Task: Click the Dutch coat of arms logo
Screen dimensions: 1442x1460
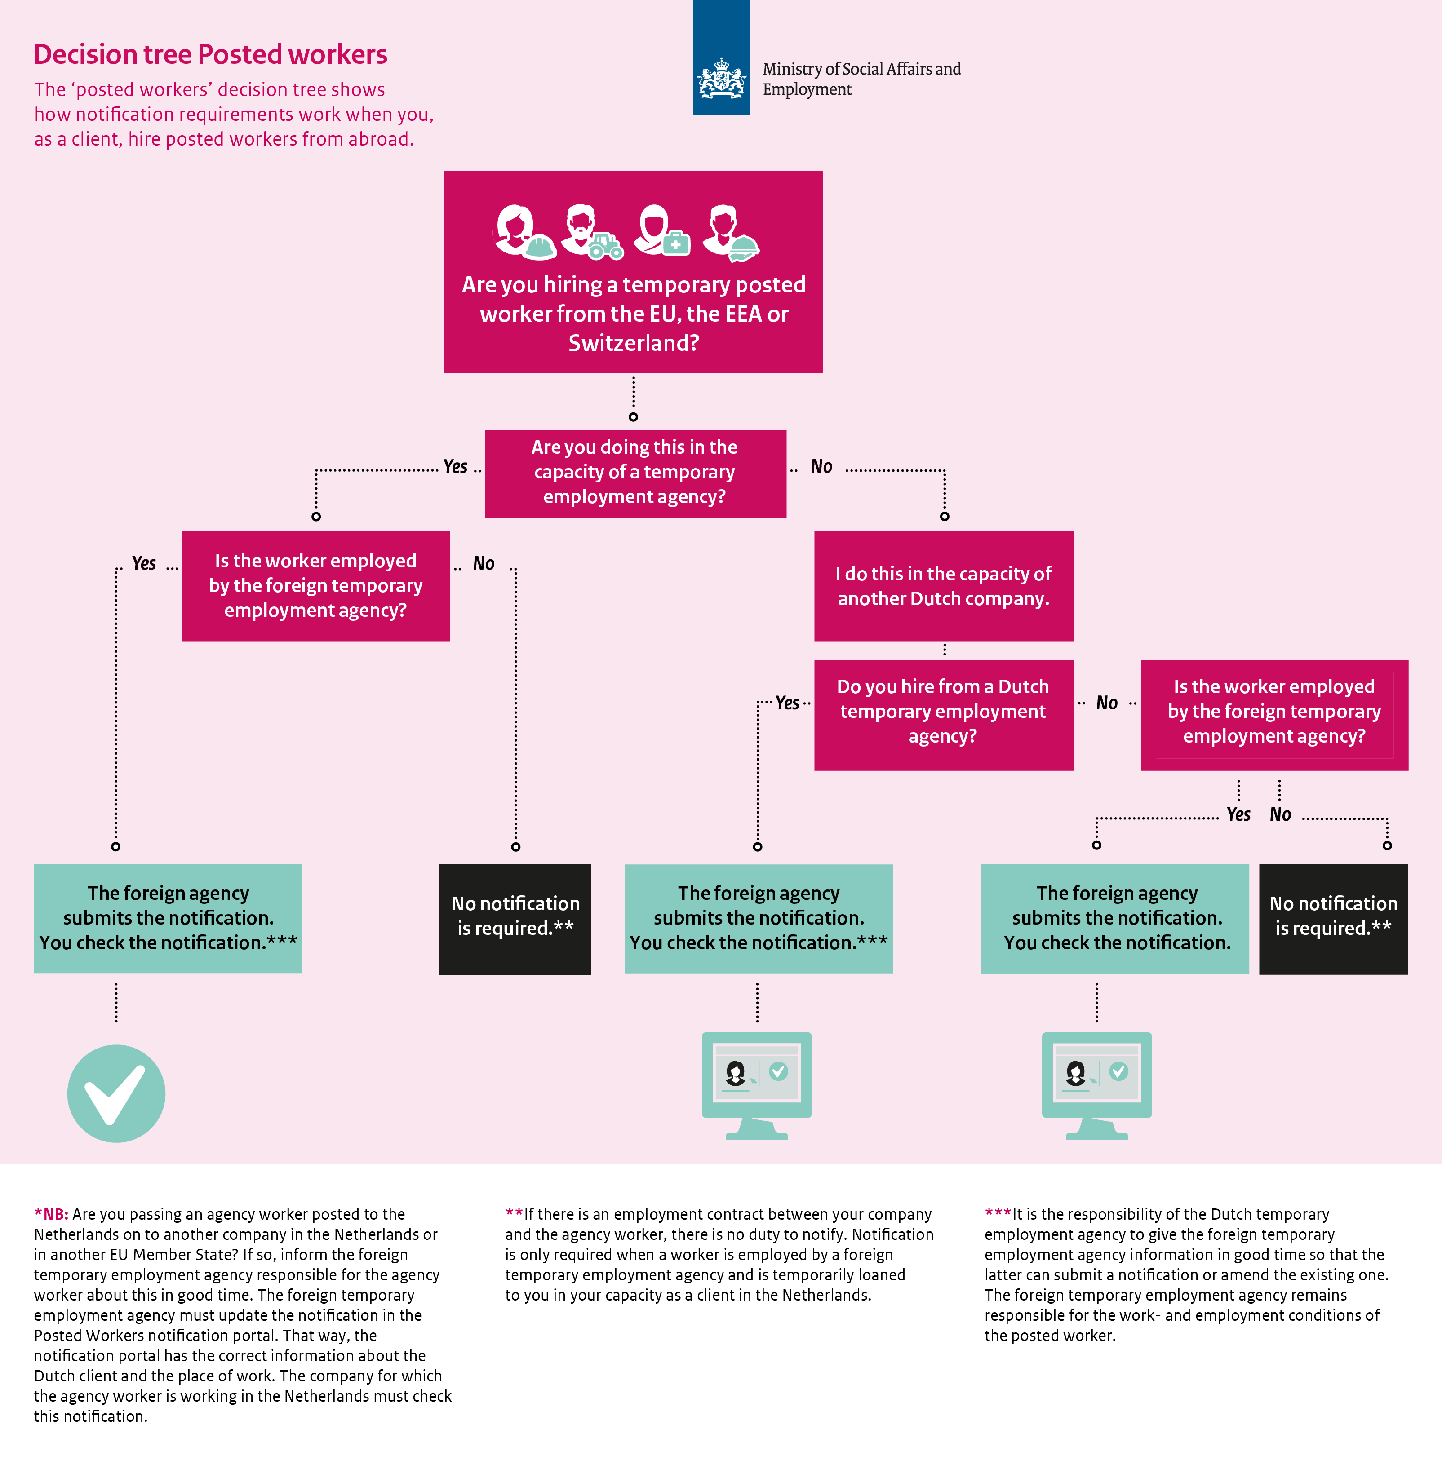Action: pyautogui.click(x=721, y=79)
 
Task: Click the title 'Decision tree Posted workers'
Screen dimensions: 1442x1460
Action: pyautogui.click(x=210, y=54)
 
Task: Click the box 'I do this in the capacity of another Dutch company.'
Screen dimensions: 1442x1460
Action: pyautogui.click(x=944, y=586)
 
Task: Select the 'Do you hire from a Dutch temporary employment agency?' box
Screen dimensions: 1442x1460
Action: pyautogui.click(x=944, y=715)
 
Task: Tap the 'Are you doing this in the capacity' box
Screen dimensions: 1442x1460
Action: pyautogui.click(x=635, y=474)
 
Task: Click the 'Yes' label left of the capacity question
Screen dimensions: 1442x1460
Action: pyautogui.click(x=455, y=466)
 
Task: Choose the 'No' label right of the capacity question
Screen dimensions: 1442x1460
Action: pyautogui.click(x=821, y=466)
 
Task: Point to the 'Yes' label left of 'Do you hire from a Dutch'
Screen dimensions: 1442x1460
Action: pyautogui.click(x=788, y=703)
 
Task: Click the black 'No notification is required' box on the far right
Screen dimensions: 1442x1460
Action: pyautogui.click(x=1333, y=919)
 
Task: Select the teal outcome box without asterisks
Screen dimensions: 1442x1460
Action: pyautogui.click(x=1115, y=919)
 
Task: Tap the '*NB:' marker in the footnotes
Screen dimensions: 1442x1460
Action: pyautogui.click(x=51, y=1214)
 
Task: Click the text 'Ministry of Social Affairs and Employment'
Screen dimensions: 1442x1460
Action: pyautogui.click(x=861, y=79)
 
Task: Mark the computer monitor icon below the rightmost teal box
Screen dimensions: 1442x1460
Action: pyautogui.click(x=1096, y=1086)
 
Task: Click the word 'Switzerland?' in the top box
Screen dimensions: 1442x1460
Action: pyautogui.click(x=633, y=343)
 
